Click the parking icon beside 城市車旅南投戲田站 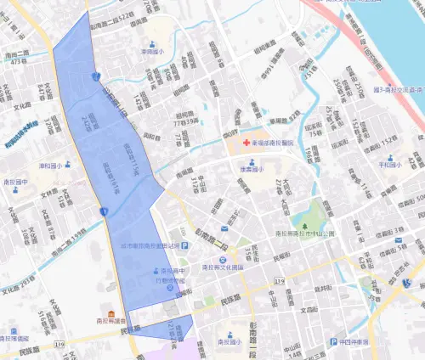(184, 246)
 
